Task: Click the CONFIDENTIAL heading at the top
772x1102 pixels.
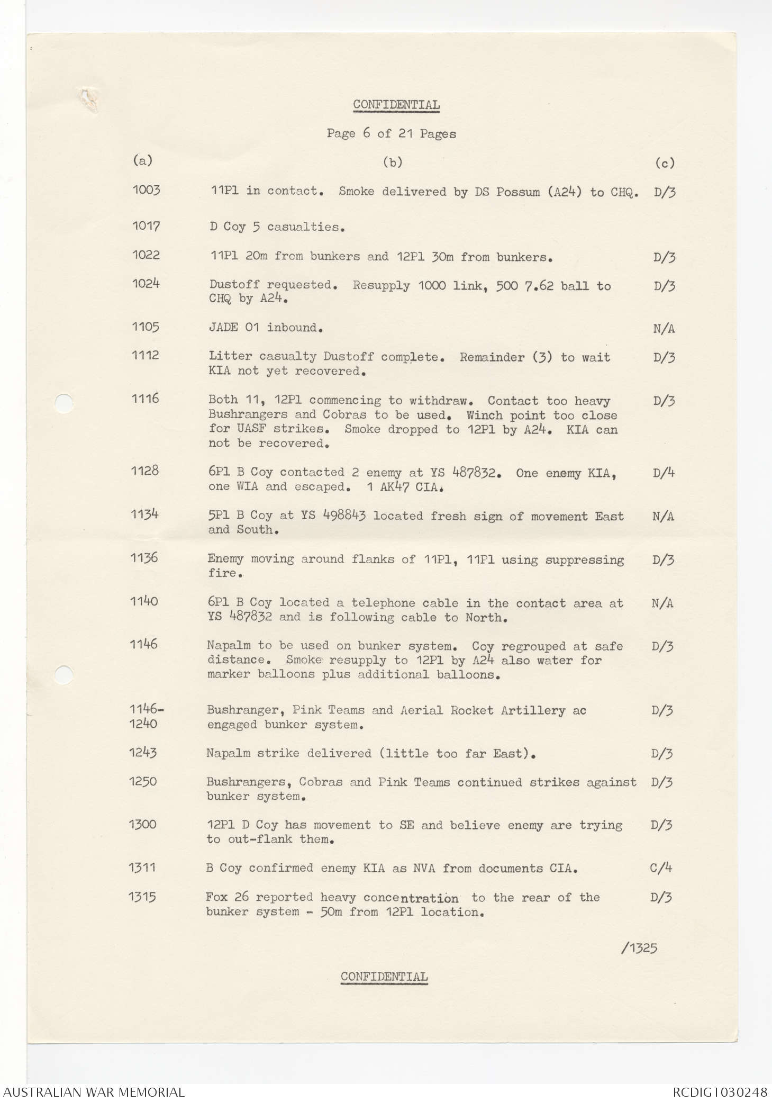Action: coord(396,105)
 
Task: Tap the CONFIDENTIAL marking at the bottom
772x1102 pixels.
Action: coord(384,977)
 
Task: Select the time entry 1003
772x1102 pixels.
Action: coord(146,191)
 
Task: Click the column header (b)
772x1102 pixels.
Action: coord(393,162)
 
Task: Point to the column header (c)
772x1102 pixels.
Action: coord(665,163)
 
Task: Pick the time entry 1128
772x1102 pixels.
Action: coord(145,471)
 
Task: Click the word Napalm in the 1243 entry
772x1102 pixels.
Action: coord(228,753)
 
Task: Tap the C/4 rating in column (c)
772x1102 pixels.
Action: coord(661,868)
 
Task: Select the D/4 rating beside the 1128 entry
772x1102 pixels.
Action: coord(664,473)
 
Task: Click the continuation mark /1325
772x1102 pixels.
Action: coord(639,947)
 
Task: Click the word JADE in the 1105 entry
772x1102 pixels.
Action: coord(223,328)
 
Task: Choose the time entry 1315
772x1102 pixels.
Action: coord(142,897)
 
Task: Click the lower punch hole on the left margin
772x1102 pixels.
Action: coord(63,674)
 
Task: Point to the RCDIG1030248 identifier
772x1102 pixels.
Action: coord(720,1091)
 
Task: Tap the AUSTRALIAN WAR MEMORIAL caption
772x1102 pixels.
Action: coord(93,1091)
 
